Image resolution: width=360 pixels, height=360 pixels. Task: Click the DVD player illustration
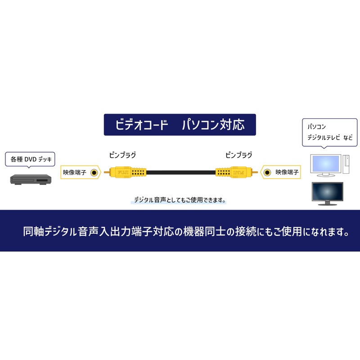point(31,179)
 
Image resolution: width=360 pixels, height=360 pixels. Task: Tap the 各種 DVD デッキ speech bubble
point(30,159)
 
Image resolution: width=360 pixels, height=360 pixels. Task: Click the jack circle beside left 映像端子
point(94,172)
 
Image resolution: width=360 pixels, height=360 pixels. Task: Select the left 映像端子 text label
point(75,172)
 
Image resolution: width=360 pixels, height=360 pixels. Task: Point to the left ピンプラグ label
point(122,155)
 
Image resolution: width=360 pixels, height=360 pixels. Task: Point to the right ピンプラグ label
point(239,155)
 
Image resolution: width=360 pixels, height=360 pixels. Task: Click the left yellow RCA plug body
point(128,172)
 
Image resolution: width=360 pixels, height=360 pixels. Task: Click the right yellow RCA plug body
point(234,172)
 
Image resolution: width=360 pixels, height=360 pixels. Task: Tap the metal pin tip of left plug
point(107,172)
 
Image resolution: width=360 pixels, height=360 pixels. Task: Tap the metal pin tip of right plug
point(255,172)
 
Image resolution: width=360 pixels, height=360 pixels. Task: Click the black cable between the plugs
point(181,172)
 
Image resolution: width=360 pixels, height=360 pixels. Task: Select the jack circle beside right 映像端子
point(267,172)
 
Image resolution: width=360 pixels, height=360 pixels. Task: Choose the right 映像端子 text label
point(287,172)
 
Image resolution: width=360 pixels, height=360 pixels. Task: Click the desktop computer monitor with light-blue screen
point(326,165)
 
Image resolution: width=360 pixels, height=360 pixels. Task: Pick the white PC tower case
point(346,164)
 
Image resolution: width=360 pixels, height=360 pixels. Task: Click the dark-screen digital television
point(328,193)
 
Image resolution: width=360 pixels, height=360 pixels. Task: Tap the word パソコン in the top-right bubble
point(317,126)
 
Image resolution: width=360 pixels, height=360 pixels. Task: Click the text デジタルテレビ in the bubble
point(324,138)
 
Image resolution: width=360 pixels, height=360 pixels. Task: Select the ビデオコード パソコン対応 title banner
point(180,125)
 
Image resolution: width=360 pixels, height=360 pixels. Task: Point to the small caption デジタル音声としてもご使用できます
point(180,200)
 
